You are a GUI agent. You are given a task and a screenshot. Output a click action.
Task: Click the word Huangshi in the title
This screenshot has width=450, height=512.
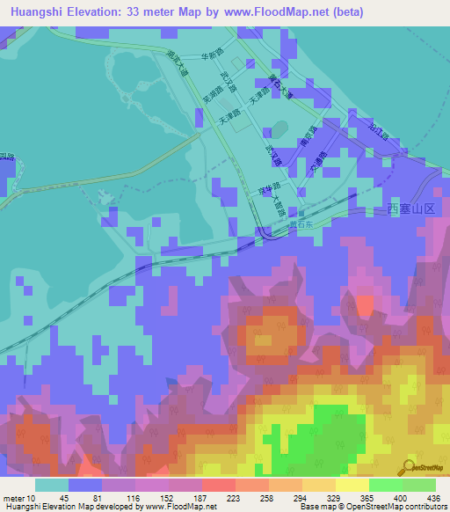(36, 12)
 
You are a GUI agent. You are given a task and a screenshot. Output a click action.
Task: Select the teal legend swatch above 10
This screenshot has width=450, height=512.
(51, 485)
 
